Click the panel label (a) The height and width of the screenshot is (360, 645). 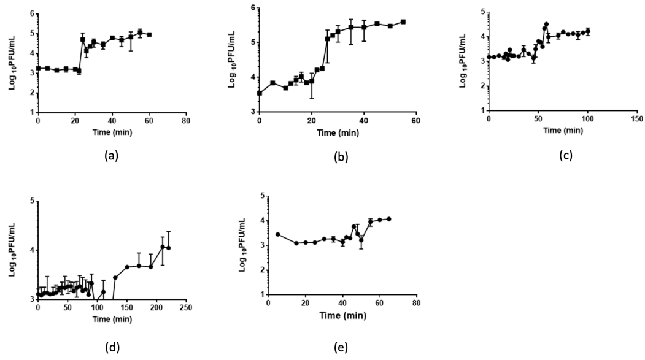110,156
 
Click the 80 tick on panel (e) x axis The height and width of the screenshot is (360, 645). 416,304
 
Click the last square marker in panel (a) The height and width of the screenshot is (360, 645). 149,35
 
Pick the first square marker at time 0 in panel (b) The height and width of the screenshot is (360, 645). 260,93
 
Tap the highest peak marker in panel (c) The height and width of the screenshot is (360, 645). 546,25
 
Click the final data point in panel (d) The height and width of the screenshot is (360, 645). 168,248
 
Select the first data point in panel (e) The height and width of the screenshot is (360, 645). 278,234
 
